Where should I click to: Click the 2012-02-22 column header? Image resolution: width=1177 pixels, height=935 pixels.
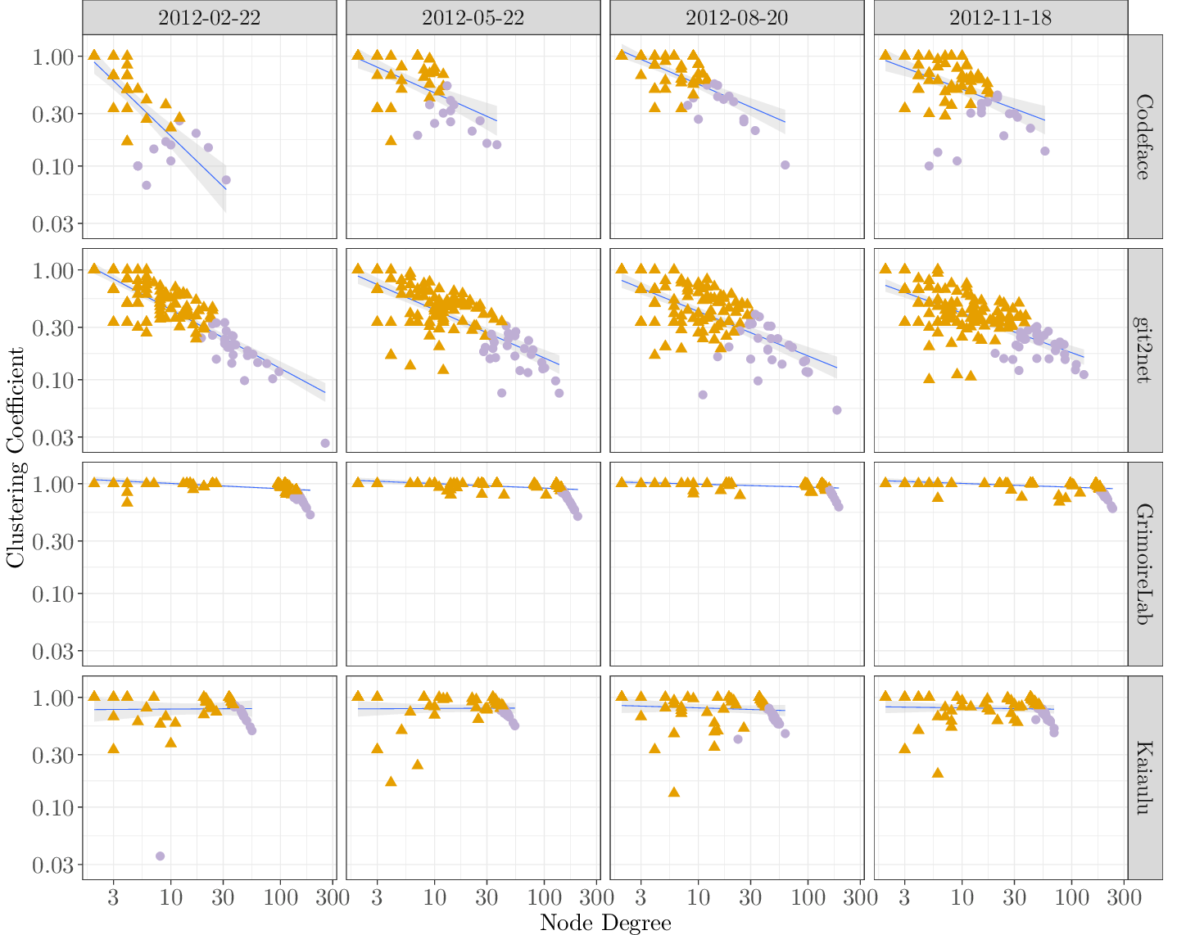[209, 17]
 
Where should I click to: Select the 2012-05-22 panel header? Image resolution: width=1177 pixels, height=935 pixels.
[473, 17]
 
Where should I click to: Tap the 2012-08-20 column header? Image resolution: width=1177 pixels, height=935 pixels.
[736, 17]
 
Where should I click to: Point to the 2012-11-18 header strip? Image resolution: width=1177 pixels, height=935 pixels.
[1000, 17]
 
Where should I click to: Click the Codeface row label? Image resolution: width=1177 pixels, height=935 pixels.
[1144, 137]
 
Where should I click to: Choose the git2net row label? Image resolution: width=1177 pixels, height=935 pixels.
[1144, 350]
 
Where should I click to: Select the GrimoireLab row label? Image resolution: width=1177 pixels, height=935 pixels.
[1144, 564]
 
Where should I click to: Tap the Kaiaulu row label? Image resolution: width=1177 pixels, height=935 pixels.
[1144, 778]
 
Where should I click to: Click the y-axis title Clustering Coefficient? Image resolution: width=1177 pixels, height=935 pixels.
[16, 457]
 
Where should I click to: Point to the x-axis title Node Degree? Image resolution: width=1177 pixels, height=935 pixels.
[605, 923]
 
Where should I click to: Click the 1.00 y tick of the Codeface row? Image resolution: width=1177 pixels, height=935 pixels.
[53, 56]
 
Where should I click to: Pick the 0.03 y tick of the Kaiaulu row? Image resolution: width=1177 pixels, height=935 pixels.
[53, 865]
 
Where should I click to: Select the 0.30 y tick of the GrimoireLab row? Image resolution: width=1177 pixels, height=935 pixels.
[53, 541]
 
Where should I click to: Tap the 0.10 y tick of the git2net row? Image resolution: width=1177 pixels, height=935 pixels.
[53, 380]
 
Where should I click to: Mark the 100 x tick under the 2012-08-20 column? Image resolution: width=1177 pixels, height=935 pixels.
[808, 897]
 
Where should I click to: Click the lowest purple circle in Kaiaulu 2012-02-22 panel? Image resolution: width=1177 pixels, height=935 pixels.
[160, 856]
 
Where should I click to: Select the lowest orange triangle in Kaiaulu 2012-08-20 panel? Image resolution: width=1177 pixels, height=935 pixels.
[674, 792]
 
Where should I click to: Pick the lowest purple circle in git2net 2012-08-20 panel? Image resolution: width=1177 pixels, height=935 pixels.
[836, 410]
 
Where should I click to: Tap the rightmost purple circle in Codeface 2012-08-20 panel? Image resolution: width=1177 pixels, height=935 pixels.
[785, 165]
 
